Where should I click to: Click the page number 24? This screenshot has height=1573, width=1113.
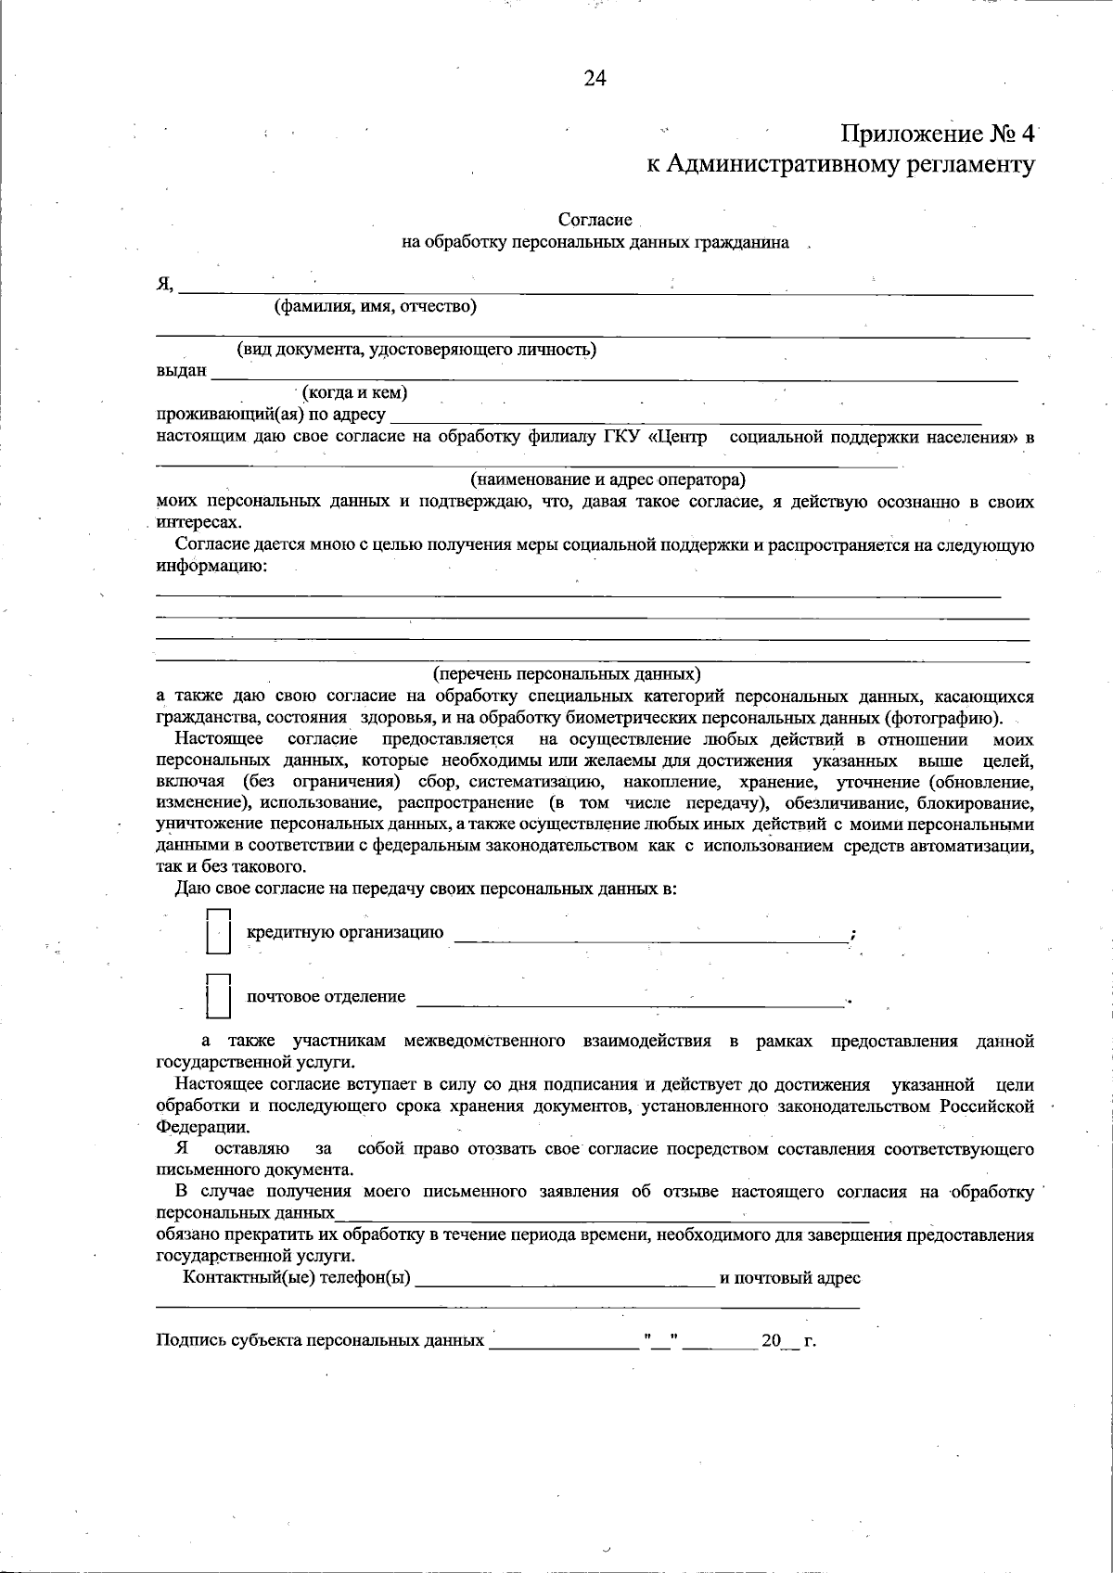[x=595, y=79]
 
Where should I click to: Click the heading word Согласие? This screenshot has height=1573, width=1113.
[x=595, y=221]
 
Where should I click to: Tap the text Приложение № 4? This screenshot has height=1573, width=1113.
[x=937, y=134]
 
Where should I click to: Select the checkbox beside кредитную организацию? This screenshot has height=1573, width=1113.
[x=218, y=931]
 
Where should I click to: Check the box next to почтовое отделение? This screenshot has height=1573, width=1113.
[x=218, y=997]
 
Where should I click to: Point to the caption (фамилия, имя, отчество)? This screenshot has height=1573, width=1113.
[x=375, y=306]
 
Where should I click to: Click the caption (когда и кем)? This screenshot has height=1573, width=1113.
[x=355, y=392]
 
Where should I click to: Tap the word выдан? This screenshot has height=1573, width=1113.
[x=181, y=371]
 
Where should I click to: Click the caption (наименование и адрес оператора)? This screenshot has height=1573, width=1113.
[x=608, y=480]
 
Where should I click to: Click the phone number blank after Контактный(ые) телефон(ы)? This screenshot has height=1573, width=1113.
[x=566, y=1282]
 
